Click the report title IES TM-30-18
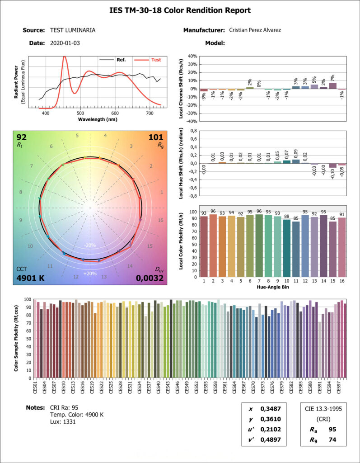180,10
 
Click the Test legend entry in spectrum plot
156,60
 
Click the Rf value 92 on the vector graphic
22,137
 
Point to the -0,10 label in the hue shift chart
332,173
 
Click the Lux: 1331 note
63,422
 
